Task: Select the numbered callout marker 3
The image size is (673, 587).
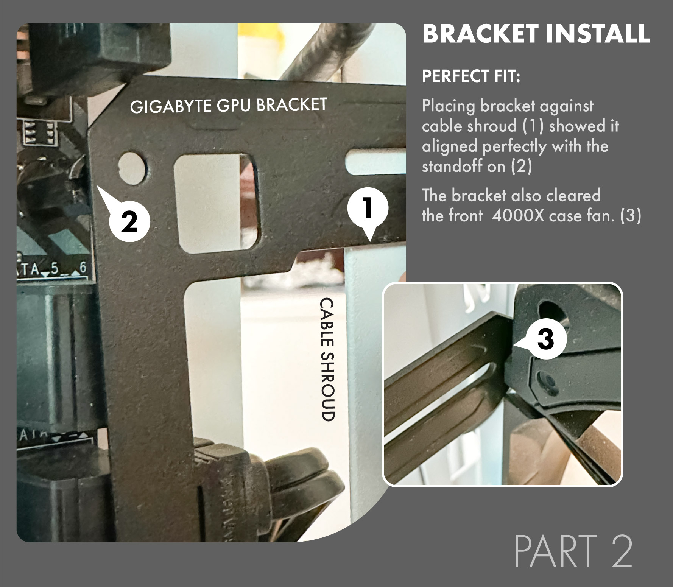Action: [x=545, y=339]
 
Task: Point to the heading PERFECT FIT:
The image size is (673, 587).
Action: [x=471, y=76]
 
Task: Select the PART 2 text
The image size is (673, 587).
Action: [x=573, y=550]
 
